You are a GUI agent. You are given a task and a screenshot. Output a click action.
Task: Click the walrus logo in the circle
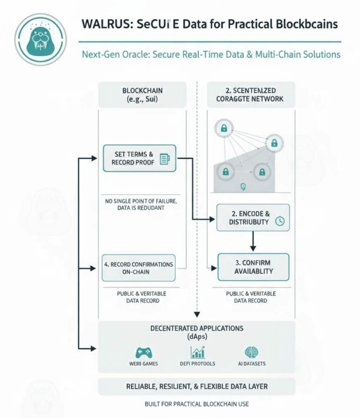point(40,39)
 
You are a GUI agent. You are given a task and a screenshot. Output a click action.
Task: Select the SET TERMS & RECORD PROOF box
point(139,158)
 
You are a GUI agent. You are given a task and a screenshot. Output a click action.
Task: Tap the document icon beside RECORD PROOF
point(164,159)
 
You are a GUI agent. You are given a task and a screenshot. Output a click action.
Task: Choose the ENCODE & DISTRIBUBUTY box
point(253,218)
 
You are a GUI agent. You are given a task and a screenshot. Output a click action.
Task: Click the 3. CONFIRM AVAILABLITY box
point(253,267)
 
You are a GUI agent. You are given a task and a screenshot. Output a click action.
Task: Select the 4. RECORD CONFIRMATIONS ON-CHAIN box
point(138,268)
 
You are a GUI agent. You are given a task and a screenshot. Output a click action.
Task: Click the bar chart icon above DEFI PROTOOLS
point(197,352)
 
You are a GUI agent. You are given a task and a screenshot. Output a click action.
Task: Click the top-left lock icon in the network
point(224,129)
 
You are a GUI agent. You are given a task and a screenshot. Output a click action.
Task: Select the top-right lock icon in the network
point(274,143)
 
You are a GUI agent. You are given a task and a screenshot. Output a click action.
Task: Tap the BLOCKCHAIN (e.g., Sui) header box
point(142,95)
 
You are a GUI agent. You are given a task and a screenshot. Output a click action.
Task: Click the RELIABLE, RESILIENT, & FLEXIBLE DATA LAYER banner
point(196,386)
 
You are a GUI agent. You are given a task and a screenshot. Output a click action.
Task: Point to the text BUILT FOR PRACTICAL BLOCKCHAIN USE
point(196,404)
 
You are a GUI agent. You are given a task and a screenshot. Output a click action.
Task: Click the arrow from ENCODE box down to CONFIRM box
point(253,241)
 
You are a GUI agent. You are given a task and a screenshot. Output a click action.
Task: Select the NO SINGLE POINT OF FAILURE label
point(141,204)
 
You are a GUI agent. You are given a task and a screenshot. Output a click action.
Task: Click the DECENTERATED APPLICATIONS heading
point(196,328)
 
